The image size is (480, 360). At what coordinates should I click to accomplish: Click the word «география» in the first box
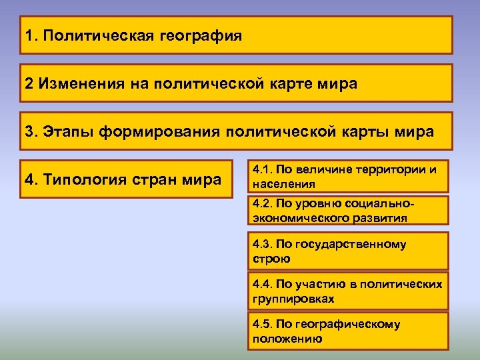(x=201, y=35)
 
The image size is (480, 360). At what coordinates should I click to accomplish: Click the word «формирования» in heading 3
(x=160, y=131)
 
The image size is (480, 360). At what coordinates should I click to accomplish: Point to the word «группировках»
(x=293, y=298)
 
